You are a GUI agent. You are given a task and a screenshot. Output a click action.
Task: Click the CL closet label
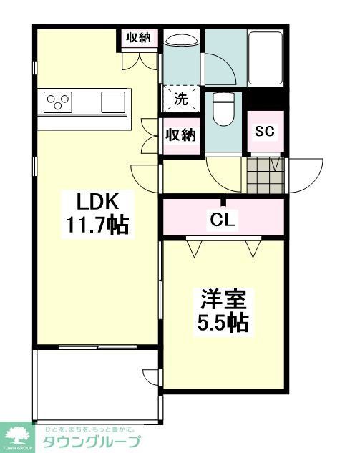pos(223,220)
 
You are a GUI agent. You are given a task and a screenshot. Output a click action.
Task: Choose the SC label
pos(265,132)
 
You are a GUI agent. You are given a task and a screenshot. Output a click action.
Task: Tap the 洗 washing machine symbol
pos(182,99)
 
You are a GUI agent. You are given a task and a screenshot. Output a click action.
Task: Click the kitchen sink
pos(113,102)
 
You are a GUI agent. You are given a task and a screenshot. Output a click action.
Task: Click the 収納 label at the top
pos(139,39)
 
